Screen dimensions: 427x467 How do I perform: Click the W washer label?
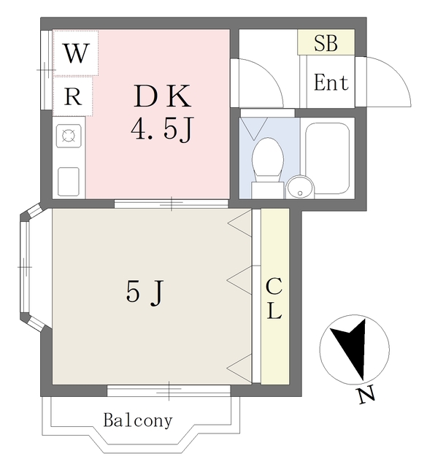click(x=77, y=53)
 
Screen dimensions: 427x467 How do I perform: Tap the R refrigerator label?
click(x=73, y=96)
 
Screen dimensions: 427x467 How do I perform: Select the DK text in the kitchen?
click(x=162, y=96)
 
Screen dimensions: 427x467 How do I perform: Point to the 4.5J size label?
click(x=162, y=129)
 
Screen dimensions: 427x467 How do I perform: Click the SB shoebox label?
click(x=326, y=43)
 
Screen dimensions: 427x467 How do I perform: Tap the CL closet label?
click(x=274, y=298)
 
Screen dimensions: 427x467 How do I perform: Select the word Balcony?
click(x=138, y=420)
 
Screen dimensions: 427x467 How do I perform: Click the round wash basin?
click(x=301, y=187)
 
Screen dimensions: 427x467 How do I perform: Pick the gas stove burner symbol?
click(x=69, y=136)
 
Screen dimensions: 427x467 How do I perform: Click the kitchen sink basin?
click(x=69, y=182)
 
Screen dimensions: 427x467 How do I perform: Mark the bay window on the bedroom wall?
click(x=30, y=267)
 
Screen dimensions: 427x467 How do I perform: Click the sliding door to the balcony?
click(x=169, y=391)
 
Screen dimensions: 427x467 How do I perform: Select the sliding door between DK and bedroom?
click(x=172, y=204)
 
